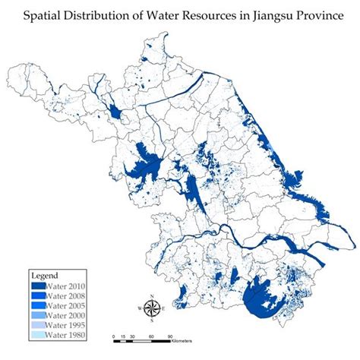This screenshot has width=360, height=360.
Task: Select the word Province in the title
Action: [x=315, y=15]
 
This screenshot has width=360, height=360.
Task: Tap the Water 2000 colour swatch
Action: [x=38, y=314]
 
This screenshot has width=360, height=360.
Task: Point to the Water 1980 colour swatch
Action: [x=38, y=334]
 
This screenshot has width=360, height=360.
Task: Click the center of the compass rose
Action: [x=152, y=308]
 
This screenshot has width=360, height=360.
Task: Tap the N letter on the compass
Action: [x=152, y=295]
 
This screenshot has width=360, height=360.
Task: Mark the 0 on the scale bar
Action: [x=113, y=336]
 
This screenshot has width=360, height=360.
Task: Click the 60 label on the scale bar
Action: [x=152, y=336]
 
